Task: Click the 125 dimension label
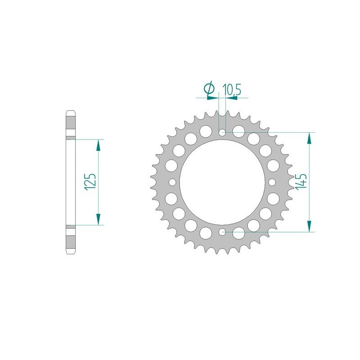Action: [x=90, y=182]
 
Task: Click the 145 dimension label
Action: [x=301, y=181]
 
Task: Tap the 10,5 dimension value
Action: [x=231, y=90]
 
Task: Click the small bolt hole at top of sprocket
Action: [x=222, y=132]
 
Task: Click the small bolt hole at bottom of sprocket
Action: [x=222, y=232]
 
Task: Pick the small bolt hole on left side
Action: [x=172, y=182]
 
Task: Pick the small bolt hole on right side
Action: [x=272, y=182]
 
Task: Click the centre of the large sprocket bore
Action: [x=222, y=182]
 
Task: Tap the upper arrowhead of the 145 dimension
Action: [x=309, y=139]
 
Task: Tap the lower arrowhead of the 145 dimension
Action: [x=309, y=226]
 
